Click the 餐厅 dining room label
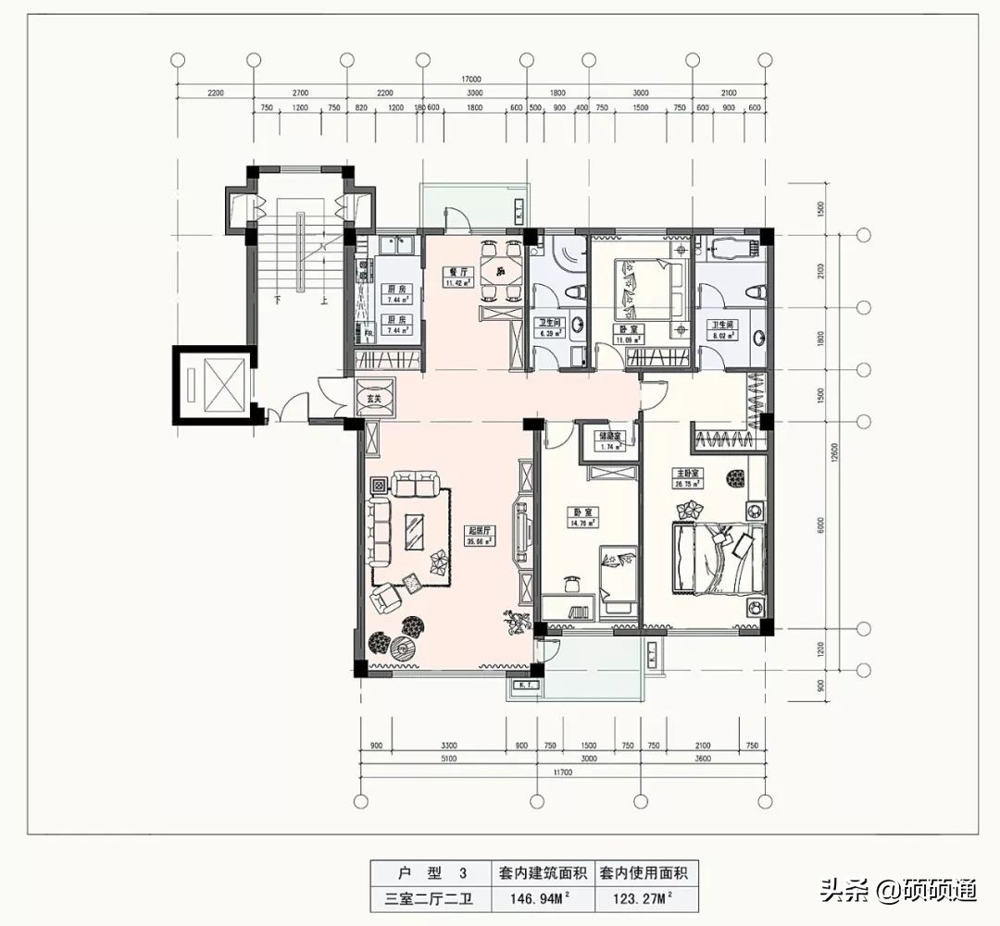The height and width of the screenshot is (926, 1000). click(x=455, y=272)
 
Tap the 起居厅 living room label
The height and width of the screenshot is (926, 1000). click(x=478, y=530)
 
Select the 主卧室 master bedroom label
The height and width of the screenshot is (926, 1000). click(x=687, y=472)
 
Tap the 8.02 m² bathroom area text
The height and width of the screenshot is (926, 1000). click(x=722, y=337)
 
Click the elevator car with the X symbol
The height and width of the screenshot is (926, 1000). click(x=213, y=384)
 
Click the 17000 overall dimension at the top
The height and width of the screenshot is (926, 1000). click(x=473, y=80)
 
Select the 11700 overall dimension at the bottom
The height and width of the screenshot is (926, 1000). click(x=562, y=772)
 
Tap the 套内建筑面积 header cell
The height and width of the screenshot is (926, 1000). click(x=543, y=872)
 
